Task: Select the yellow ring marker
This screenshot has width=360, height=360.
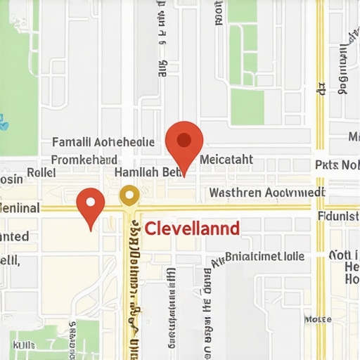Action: coord(129,195)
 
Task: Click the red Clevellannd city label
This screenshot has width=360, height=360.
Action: coord(191,229)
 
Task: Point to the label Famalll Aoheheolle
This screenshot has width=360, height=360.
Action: coord(103,143)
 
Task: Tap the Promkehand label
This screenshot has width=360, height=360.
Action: coord(84,160)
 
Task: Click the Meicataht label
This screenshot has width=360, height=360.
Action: coord(226,160)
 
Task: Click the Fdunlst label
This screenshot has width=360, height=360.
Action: coord(338,217)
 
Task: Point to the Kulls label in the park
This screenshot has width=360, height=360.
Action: coord(24,345)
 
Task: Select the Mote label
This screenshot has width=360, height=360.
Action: coord(317,319)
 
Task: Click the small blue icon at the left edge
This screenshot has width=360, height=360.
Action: coord(4,122)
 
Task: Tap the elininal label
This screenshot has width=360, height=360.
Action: coord(19,209)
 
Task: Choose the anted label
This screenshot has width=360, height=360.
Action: coord(14,237)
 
